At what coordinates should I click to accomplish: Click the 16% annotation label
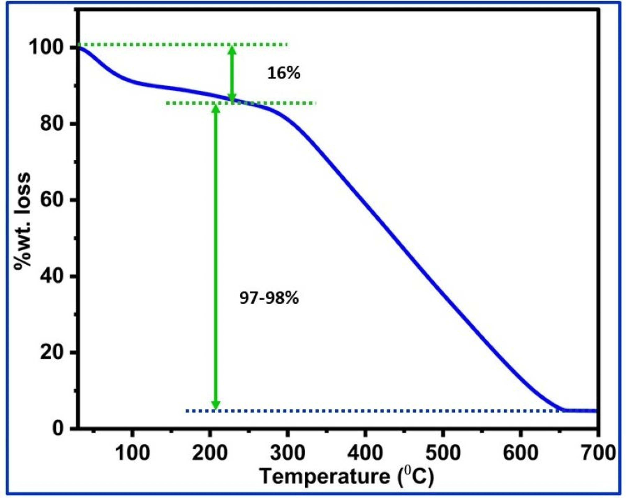(283, 73)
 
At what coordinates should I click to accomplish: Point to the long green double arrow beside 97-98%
(216, 257)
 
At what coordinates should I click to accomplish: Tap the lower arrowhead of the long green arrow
(216, 405)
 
